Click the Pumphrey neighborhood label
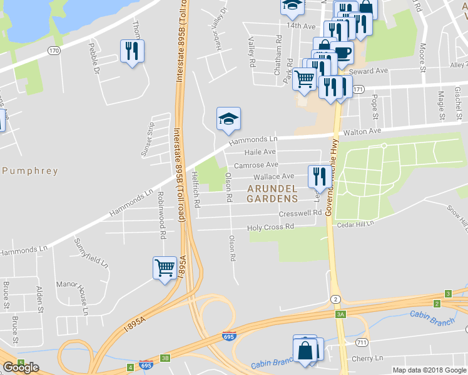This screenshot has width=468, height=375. pos(29,171)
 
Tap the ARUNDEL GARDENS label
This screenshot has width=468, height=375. pos(272,194)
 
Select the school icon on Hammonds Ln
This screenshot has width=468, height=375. pos(228,118)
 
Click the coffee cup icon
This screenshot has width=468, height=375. pos(342,52)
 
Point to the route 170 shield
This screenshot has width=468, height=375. pos(54,50)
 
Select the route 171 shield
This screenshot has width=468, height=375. pos(358,90)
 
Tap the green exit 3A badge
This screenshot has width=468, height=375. pos(340,314)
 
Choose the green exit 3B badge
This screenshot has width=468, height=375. pos(165,358)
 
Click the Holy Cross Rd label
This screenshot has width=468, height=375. pos(270,227)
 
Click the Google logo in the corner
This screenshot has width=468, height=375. pos(21,367)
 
